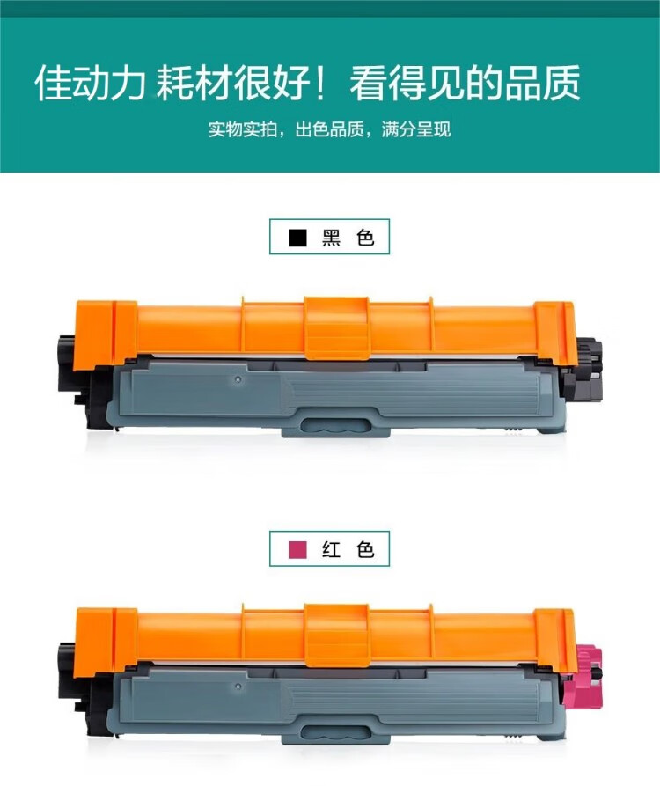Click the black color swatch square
coord(298,238)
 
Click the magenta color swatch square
coord(298,550)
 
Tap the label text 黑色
coord(348,238)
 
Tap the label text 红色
coord(348,550)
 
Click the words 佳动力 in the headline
coord(92,84)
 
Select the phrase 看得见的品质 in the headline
coord(465,84)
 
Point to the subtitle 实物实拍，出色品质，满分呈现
coord(329,130)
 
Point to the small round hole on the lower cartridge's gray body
coord(238,685)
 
